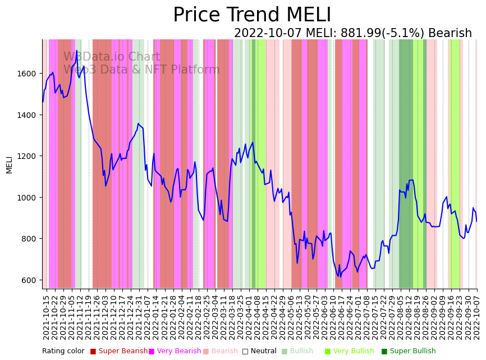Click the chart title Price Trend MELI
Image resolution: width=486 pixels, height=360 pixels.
pos(252,15)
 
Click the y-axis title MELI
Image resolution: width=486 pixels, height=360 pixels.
pos(10,164)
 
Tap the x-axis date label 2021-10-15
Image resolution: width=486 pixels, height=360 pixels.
pos(47,317)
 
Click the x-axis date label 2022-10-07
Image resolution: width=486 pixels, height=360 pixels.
pos(477,317)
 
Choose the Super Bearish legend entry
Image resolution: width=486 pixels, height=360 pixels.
pos(118,352)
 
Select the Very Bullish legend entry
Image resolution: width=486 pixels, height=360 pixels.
pos(353,352)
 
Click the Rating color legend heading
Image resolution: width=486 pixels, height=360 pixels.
pos(63,352)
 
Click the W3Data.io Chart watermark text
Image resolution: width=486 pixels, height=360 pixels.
pos(112,57)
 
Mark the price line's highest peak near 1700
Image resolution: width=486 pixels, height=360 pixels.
pos(77,51)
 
